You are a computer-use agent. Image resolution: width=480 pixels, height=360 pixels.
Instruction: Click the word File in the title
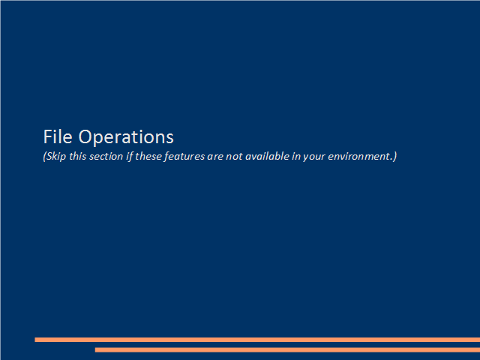click(x=58, y=136)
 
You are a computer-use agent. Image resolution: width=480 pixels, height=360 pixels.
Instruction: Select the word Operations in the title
click(x=126, y=137)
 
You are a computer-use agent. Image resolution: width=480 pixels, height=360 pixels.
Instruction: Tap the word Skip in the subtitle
click(x=56, y=157)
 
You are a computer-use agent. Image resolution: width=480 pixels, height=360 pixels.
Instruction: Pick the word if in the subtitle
click(x=130, y=157)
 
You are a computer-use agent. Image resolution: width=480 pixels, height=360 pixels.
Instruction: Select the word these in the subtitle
click(x=148, y=156)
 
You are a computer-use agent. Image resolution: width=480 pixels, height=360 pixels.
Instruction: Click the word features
click(x=184, y=157)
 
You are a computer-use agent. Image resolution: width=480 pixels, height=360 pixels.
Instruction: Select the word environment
click(x=359, y=157)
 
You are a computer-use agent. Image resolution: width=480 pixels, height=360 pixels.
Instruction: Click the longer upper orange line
click(x=257, y=340)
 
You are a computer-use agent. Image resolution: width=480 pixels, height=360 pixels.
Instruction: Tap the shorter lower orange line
click(x=287, y=349)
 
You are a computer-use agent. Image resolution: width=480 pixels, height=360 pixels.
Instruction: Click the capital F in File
click(x=47, y=136)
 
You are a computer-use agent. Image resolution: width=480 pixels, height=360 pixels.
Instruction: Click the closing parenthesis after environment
click(x=395, y=157)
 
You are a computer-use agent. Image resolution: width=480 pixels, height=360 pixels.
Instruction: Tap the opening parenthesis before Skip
click(x=45, y=157)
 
